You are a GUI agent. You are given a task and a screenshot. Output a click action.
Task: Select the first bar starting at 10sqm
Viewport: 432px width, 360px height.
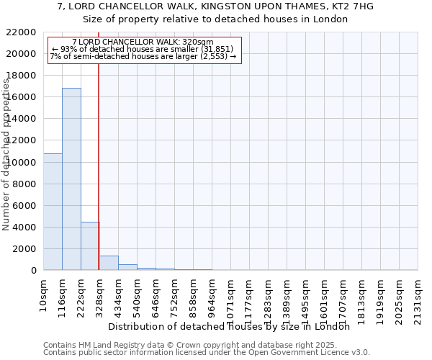pyautogui.click(x=53, y=212)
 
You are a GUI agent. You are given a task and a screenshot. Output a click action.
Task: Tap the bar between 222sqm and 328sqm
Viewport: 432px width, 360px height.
pyautogui.click(x=90, y=246)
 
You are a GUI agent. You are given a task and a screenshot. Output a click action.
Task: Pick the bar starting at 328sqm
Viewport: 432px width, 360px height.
pyautogui.click(x=109, y=263)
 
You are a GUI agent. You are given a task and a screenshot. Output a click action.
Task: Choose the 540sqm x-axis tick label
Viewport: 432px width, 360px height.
pyautogui.click(x=138, y=294)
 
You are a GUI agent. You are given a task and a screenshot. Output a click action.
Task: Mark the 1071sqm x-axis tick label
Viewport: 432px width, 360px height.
pyautogui.click(x=231, y=296)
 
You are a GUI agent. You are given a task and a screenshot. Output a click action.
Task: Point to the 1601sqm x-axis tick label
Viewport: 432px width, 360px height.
pyautogui.click(x=325, y=296)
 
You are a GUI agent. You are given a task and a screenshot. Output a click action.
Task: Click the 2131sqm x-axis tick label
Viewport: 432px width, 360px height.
pyautogui.click(x=418, y=296)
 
